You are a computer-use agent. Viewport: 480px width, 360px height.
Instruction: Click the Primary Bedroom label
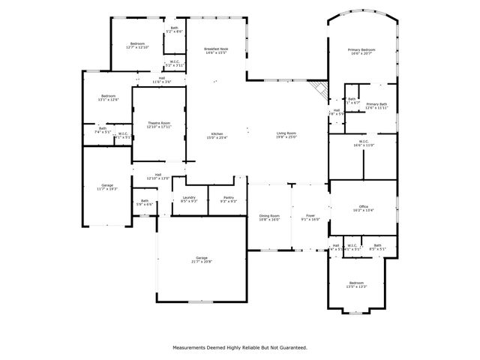click(x=361, y=51)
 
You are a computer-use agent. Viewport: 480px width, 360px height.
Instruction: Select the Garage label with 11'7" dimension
click(x=108, y=187)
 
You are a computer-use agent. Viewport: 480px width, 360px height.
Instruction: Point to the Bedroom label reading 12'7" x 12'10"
click(x=137, y=45)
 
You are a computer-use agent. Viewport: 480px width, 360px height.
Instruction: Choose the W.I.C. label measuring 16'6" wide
click(x=363, y=142)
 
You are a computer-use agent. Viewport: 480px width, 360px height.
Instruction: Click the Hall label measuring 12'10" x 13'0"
click(x=158, y=176)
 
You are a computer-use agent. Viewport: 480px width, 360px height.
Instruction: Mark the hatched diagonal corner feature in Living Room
click(x=320, y=90)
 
